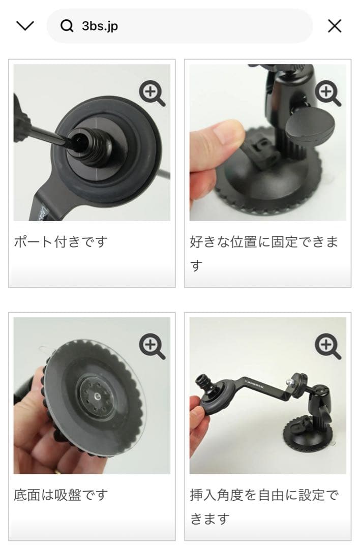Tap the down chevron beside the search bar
[25, 26]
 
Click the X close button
[335, 26]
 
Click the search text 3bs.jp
[100, 26]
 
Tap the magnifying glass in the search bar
[67, 26]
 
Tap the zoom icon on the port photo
[152, 94]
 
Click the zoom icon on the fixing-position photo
[328, 94]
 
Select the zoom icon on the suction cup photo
[152, 347]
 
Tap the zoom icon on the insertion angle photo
[328, 347]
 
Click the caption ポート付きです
[61, 241]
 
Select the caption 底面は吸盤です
[61, 495]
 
